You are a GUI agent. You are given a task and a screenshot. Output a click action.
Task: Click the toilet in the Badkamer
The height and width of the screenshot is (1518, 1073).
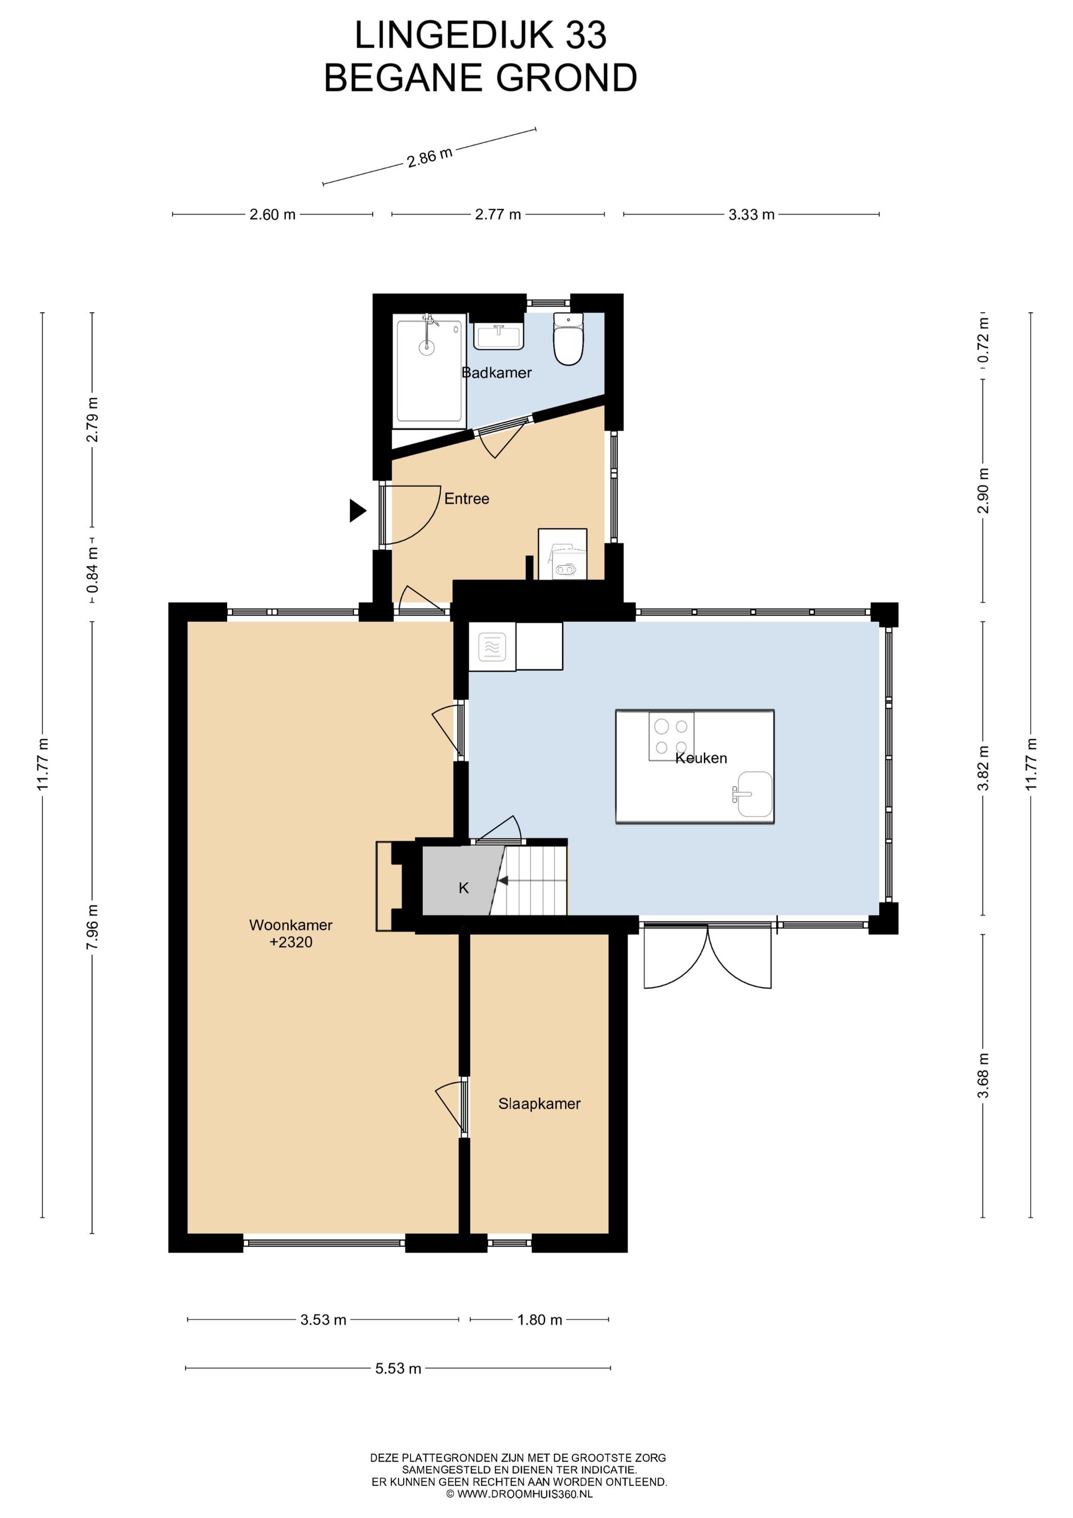pos(569,338)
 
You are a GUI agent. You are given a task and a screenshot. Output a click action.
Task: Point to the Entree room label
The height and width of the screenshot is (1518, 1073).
pos(467,499)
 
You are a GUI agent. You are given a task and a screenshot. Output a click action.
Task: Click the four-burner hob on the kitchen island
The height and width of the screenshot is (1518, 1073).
pos(671,736)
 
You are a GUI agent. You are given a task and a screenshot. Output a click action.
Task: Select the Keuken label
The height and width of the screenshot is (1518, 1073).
pos(701,758)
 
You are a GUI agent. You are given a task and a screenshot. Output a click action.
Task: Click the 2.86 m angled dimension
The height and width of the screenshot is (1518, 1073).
pos(429,157)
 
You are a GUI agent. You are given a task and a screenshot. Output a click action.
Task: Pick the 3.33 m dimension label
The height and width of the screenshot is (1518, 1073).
pos(752,214)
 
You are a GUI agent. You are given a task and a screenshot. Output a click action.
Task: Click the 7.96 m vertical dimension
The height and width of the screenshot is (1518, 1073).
pos(92,927)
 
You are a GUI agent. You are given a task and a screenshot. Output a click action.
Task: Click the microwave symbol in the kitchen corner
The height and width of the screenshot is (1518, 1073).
pos(492,647)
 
